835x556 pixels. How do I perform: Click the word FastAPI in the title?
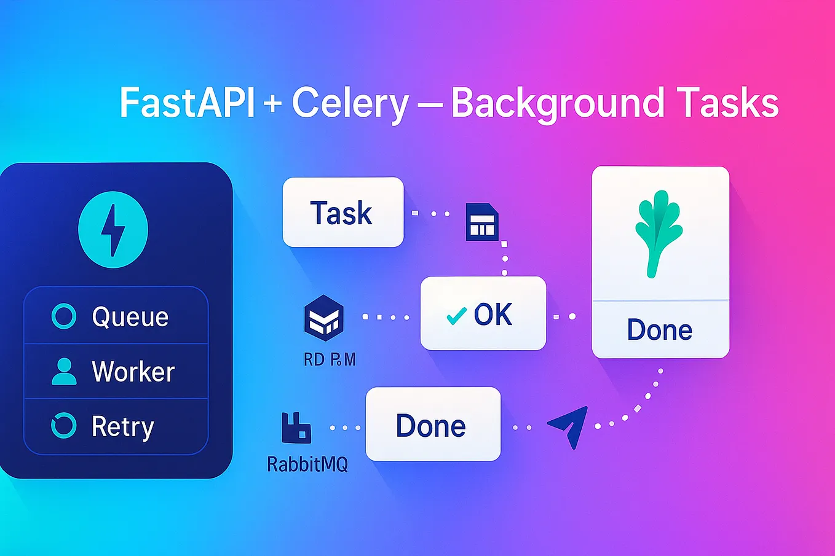186,103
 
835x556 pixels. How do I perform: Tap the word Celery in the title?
349,103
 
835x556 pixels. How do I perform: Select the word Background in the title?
558,103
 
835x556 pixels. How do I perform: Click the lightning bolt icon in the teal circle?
113,230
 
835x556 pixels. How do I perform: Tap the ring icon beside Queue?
64,316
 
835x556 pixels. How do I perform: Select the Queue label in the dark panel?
130,317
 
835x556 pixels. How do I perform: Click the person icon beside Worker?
64,371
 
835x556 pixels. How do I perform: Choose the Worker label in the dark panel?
133,372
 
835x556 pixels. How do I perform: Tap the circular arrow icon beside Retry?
64,426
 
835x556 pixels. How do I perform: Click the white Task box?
342,213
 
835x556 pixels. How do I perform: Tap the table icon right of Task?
481,222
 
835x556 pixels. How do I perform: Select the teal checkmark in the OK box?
456,316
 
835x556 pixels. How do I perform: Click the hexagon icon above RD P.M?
323,318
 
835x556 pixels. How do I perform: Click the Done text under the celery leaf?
659,330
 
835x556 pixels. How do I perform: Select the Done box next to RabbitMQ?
433,425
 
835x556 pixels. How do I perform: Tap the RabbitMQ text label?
307,463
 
